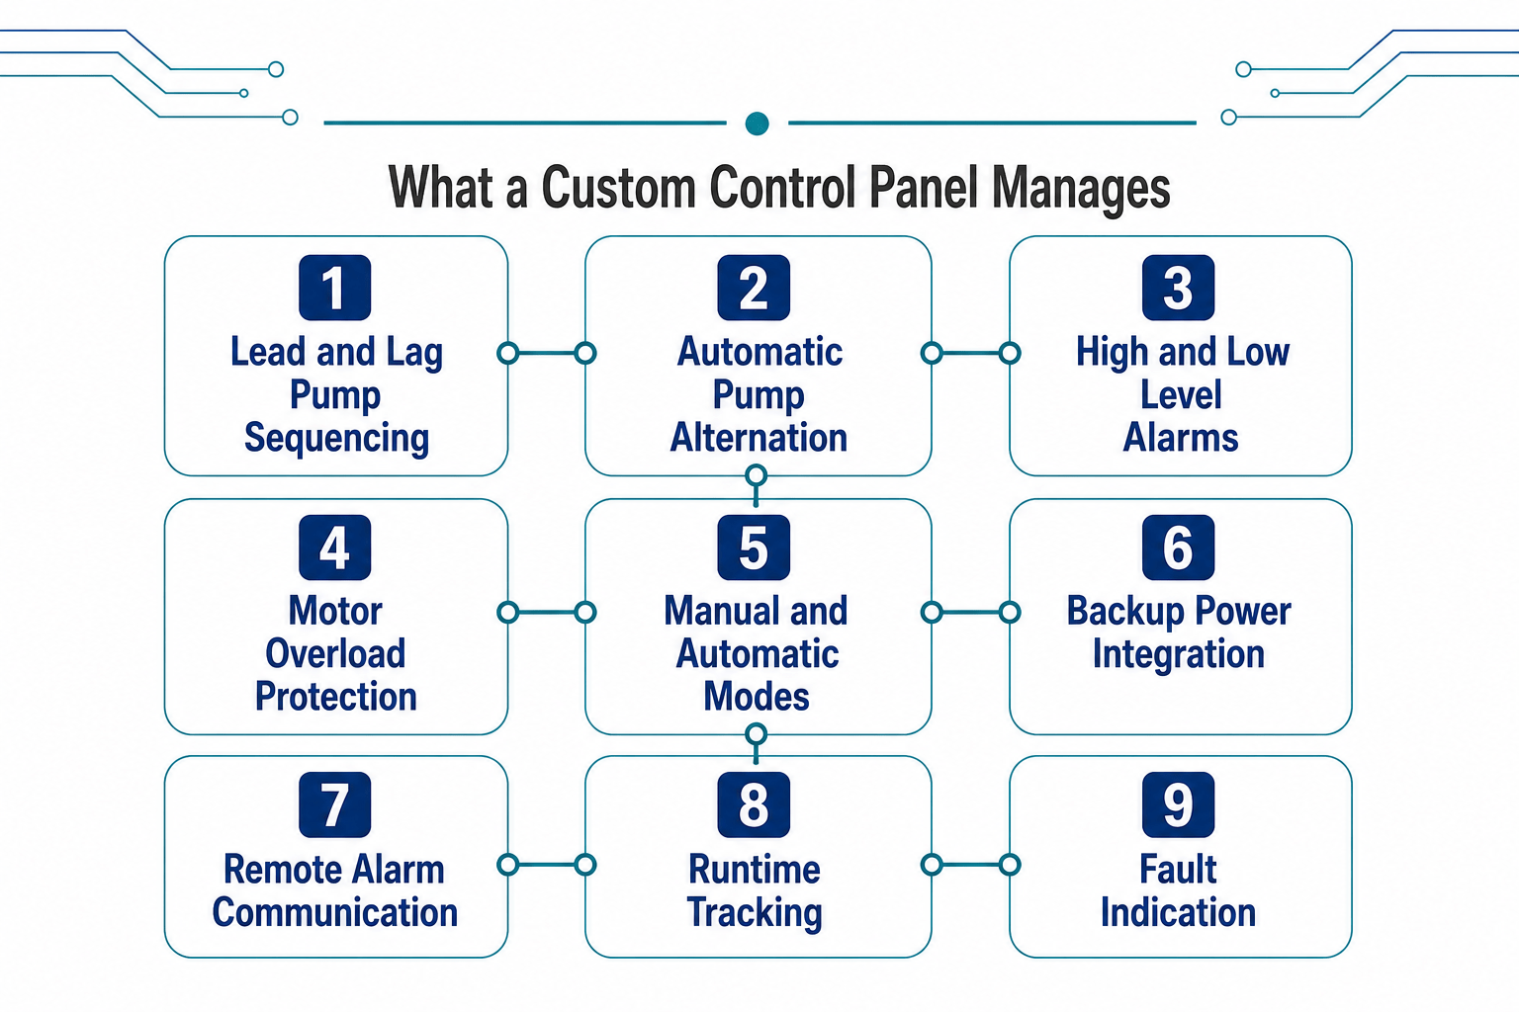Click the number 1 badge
coord(335,288)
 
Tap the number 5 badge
coord(754,547)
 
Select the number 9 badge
coord(1178,804)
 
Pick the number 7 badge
coord(335,804)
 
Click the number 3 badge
coord(1178,288)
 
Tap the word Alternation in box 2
coord(759,437)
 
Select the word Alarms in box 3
coord(1181,437)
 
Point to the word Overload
coord(335,653)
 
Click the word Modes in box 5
coord(757,696)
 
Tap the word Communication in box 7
coord(335,912)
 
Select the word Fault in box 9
coord(1178,869)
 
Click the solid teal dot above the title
coord(757,124)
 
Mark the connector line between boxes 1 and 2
coord(547,353)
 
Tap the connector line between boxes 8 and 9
coord(970,865)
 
